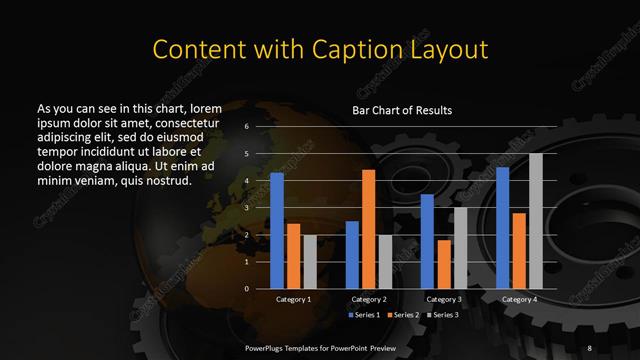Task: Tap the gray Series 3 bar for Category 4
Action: coord(535,221)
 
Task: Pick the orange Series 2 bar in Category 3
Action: coord(443,265)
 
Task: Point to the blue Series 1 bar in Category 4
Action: coord(503,228)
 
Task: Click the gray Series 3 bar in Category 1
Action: coord(309,262)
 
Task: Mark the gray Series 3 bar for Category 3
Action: coord(459,248)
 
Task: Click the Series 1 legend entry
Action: coord(363,315)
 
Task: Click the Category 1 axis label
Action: coord(293,299)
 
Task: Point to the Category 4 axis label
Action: coord(519,299)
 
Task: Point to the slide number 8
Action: coord(590,347)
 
